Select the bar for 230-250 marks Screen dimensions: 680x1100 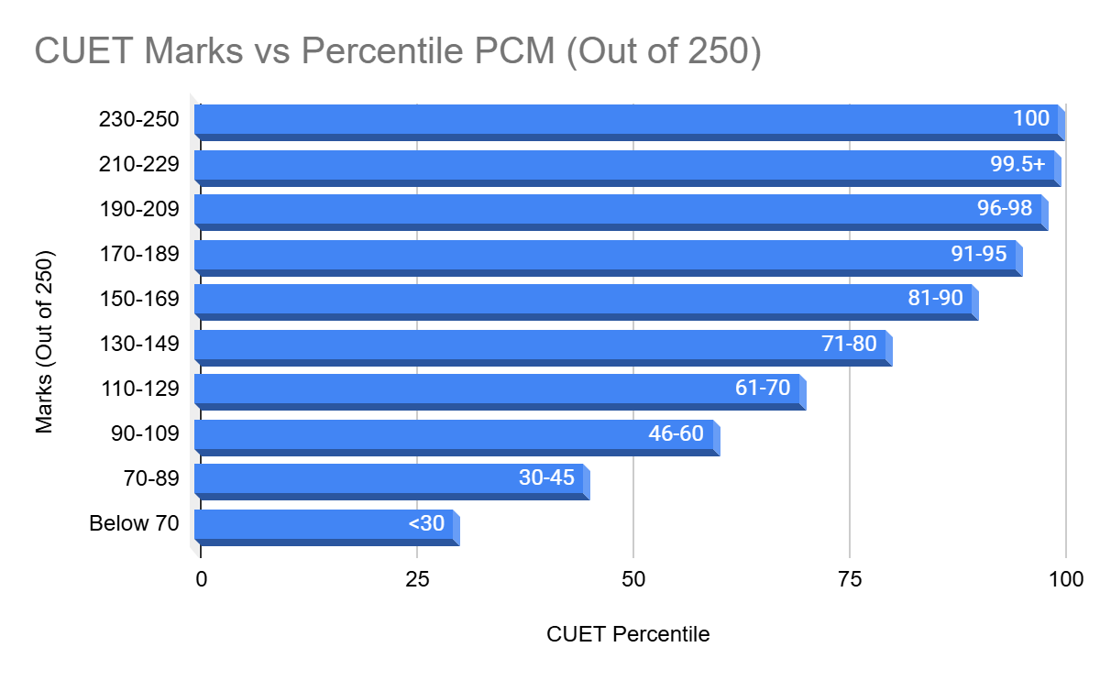596,120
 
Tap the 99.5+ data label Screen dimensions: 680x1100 1017,164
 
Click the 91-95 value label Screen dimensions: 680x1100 979,254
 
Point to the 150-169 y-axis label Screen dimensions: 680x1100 139,299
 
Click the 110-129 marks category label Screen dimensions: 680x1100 139,389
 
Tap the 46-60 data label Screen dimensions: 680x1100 676,433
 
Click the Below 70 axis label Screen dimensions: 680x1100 133,523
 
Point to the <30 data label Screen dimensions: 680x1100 426,523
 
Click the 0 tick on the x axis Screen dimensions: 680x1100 201,579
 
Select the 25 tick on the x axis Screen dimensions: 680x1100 417,579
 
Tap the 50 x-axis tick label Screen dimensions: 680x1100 633,579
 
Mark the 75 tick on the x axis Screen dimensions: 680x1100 850,579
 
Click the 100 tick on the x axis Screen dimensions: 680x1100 1065,579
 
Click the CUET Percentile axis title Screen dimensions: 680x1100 628,634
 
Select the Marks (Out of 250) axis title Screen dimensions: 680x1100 44,340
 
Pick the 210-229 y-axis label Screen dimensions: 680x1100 139,164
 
